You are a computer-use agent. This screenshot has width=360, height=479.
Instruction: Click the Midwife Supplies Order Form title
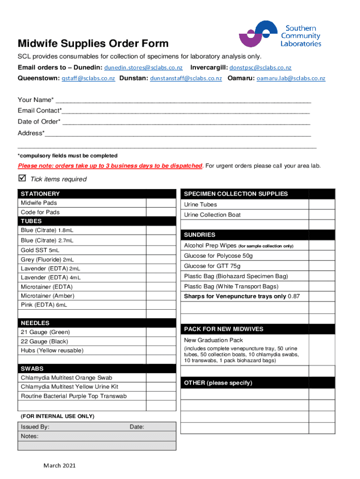click(x=93, y=44)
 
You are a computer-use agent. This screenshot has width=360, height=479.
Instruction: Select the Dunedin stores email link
click(x=143, y=68)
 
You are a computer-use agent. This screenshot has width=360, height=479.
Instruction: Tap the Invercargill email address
click(x=260, y=68)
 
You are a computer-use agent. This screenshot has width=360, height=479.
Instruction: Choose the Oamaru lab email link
click(x=291, y=79)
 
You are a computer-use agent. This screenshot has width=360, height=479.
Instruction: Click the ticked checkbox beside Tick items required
click(x=22, y=178)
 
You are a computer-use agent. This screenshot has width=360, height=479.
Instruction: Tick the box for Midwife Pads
click(x=161, y=203)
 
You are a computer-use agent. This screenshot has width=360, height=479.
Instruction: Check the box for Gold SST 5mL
click(x=161, y=250)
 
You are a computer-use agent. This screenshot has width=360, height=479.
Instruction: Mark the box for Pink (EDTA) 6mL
click(x=161, y=305)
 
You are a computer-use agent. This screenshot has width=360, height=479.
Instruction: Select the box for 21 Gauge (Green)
click(x=161, y=333)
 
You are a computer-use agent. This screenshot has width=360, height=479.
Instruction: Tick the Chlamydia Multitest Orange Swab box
click(x=161, y=378)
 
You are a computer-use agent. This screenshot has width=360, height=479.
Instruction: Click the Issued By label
click(x=35, y=427)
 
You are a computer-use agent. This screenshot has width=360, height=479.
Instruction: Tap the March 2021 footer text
click(x=59, y=466)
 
